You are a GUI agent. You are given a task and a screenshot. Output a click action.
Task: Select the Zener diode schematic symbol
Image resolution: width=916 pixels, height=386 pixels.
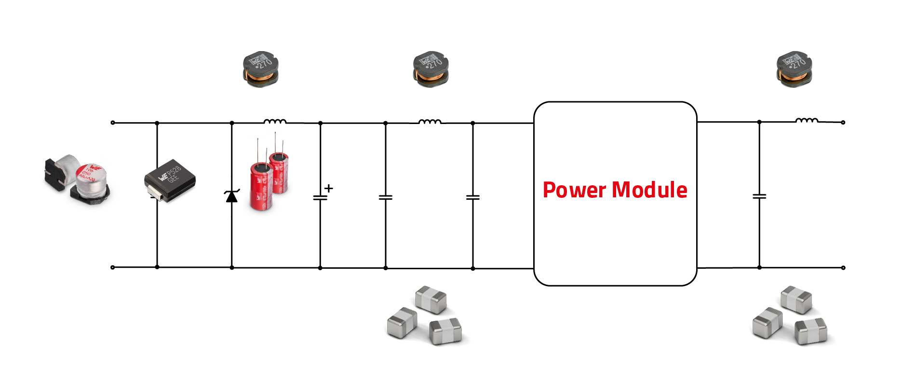tap(232, 196)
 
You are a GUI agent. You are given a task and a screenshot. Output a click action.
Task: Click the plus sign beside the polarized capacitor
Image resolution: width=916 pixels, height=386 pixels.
tap(329, 188)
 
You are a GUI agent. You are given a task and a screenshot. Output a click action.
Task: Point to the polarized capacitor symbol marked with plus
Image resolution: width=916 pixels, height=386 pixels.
tap(320, 197)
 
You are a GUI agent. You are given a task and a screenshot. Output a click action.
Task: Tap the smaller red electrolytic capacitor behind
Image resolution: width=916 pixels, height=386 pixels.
tap(280, 171)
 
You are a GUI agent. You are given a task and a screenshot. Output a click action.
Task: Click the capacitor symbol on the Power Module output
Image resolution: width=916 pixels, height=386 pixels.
tap(759, 196)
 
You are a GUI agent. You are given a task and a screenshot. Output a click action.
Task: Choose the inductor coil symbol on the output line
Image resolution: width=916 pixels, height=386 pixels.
tap(806, 121)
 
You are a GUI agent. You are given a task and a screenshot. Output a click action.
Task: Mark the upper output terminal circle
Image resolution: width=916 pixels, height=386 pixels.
tap(843, 123)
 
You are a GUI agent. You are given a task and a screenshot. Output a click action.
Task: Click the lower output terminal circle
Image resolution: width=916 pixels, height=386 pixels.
tap(843, 268)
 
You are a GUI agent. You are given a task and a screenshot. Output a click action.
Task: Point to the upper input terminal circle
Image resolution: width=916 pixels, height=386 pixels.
tap(113, 123)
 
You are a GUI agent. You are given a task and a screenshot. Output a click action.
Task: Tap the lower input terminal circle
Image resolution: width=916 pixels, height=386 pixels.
tap(113, 267)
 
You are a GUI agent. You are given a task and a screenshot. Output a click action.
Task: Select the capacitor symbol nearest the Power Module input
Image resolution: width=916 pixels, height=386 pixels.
tap(472, 197)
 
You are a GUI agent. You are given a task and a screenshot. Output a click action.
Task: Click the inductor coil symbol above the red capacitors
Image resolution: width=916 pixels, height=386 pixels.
tap(275, 121)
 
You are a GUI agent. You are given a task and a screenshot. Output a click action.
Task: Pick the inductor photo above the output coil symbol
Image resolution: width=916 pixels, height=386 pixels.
tap(794, 69)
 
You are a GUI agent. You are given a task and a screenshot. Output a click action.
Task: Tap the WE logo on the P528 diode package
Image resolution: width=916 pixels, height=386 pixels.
tap(163, 177)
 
